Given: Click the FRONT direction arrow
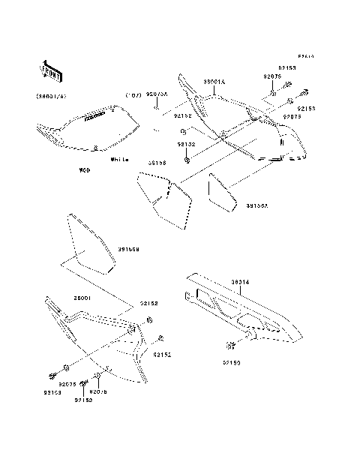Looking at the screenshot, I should [x=50, y=70].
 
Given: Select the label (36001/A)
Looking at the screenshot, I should [x=50, y=96].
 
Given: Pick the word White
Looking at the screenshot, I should [x=118, y=160].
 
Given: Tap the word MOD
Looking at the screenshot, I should [x=86, y=171].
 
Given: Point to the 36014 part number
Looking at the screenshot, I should [x=242, y=283].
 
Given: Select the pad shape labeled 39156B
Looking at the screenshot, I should [x=89, y=244].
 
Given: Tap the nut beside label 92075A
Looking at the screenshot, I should [x=157, y=109].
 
